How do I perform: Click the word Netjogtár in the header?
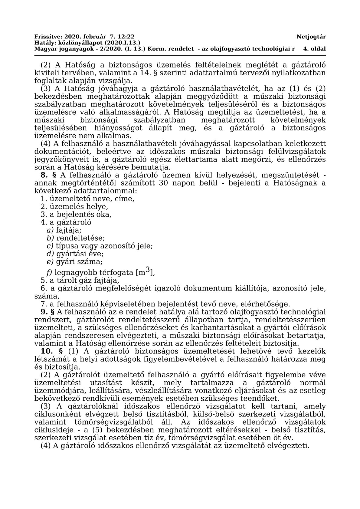[x=311, y=37]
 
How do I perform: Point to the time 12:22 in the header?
[x=127, y=37]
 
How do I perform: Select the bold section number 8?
[x=44, y=175]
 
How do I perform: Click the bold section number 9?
[x=44, y=312]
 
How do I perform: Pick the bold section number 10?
[x=47, y=351]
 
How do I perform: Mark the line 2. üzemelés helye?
[x=74, y=207]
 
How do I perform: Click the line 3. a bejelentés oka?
[x=76, y=215]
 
